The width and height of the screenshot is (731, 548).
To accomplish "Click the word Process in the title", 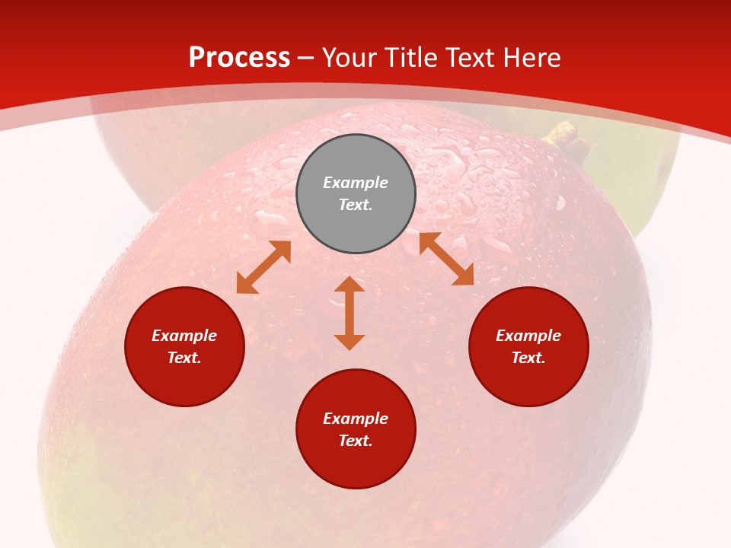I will (x=239, y=58).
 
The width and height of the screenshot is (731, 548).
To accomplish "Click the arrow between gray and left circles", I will (x=263, y=267).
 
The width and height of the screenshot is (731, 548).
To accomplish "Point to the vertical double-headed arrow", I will (x=350, y=314).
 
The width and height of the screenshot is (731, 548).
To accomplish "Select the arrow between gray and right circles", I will (x=446, y=259).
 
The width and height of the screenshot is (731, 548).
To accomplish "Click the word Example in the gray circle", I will (x=356, y=183).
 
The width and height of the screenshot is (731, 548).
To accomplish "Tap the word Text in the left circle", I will (x=184, y=358).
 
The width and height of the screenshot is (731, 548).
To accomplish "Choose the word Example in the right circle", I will (x=528, y=336).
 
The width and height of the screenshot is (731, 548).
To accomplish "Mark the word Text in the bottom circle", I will (x=356, y=441).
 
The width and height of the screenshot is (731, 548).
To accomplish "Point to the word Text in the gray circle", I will (x=356, y=205).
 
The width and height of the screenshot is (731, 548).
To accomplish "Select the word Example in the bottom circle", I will (x=356, y=419).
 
